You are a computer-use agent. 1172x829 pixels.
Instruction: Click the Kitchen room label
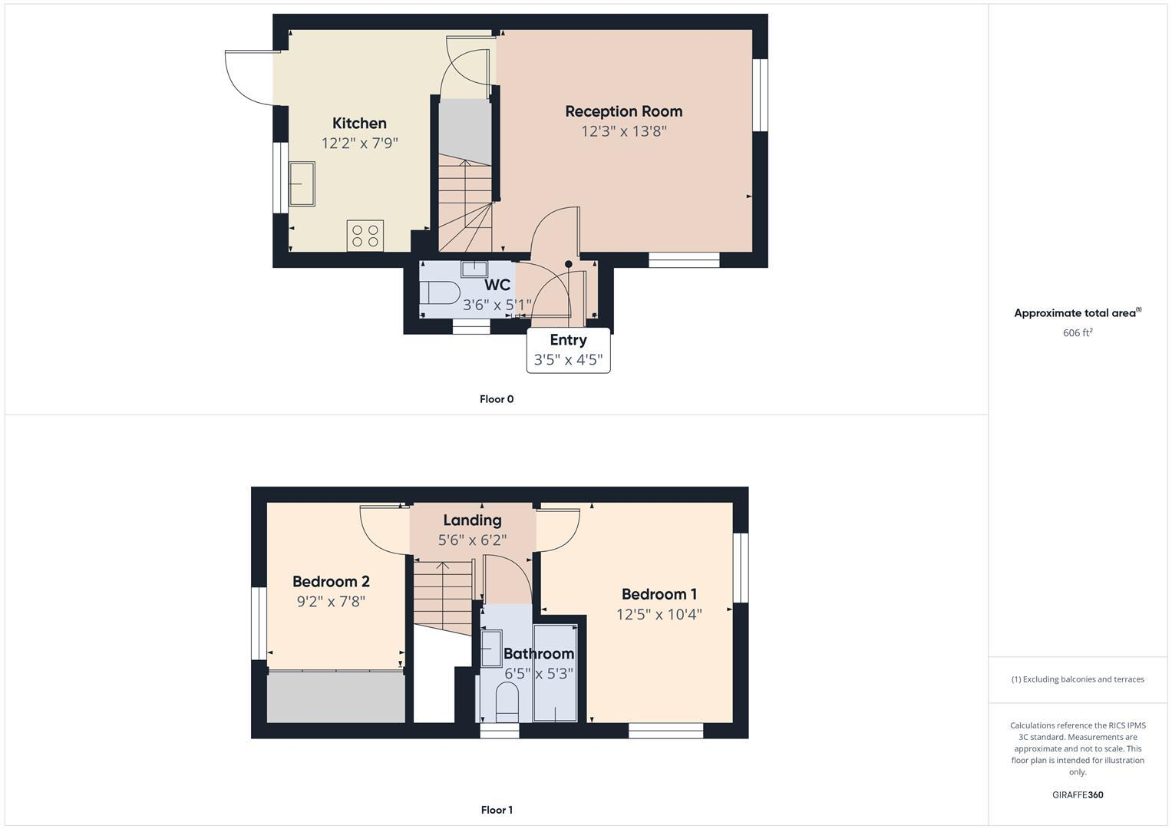[x=359, y=124]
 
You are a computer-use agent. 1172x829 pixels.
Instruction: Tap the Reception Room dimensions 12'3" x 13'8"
[x=623, y=131]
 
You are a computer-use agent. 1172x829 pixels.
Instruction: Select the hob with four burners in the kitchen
[x=365, y=236]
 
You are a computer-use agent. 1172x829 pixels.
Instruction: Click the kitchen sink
[x=302, y=184]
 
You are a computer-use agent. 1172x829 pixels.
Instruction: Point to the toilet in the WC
[x=440, y=292]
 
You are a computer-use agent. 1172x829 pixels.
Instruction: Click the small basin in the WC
[x=474, y=269]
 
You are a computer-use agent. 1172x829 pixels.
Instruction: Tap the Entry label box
[x=568, y=350]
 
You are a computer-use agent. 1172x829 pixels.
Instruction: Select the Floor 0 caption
[x=497, y=399]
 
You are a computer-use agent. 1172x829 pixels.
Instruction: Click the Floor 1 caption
[x=497, y=810]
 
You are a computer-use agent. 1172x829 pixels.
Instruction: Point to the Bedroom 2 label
[x=331, y=582]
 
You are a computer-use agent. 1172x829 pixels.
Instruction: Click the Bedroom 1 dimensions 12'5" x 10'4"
[x=659, y=614]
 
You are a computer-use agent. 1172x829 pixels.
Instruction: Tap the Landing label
[x=472, y=520]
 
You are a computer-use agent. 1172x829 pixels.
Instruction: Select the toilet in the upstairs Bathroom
[x=507, y=702]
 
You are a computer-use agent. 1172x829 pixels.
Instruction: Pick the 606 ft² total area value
[x=1078, y=333]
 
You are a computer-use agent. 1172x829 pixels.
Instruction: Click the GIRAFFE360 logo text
[x=1078, y=795]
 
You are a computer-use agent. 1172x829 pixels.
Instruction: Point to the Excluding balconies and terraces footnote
[x=1078, y=679]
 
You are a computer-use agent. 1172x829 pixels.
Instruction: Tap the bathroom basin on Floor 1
[x=490, y=649]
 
